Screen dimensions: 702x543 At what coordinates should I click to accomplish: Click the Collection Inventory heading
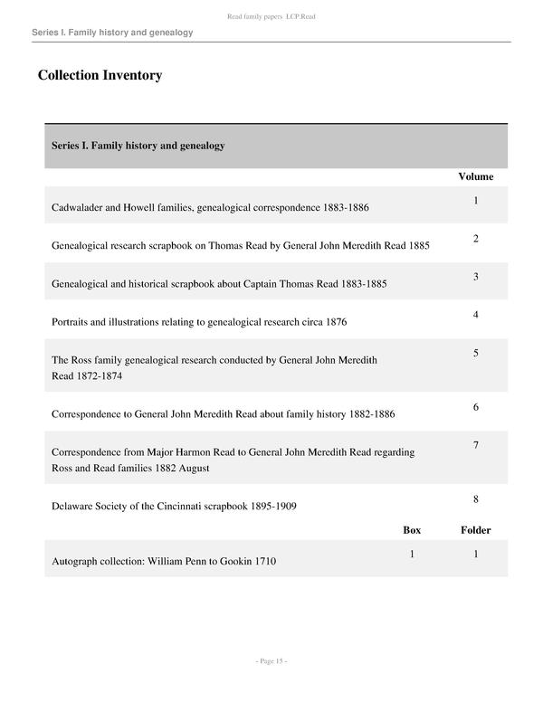pyautogui.click(x=100, y=75)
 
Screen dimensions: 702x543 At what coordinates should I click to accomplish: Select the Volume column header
pyautogui.click(x=475, y=176)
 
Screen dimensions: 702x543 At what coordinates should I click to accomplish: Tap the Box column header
pyautogui.click(x=412, y=530)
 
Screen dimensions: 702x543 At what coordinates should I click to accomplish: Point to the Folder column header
pyautogui.click(x=475, y=530)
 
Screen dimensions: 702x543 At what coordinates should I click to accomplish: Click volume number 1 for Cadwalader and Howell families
pyautogui.click(x=475, y=200)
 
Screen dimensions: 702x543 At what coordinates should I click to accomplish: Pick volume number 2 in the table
pyautogui.click(x=475, y=239)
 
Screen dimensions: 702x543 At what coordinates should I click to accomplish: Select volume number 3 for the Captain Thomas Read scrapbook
pyautogui.click(x=475, y=277)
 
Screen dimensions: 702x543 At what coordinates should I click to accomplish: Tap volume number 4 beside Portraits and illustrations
pyautogui.click(x=475, y=315)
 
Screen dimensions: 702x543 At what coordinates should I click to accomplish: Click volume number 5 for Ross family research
pyautogui.click(x=475, y=353)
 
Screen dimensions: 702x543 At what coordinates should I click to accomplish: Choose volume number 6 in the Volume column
pyautogui.click(x=475, y=407)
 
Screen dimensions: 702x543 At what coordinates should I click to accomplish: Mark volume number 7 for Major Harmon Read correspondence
pyautogui.click(x=475, y=445)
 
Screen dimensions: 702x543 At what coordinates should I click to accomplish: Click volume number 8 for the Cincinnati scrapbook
pyautogui.click(x=475, y=499)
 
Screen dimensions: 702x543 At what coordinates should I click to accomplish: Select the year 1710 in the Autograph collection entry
pyautogui.click(x=264, y=562)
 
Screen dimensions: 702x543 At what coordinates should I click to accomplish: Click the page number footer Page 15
pyautogui.click(x=271, y=661)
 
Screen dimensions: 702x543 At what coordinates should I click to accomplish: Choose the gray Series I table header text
pyautogui.click(x=138, y=146)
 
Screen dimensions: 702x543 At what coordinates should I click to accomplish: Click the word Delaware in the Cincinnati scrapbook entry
pyautogui.click(x=73, y=507)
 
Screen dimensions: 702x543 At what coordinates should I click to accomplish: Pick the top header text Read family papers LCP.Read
pyautogui.click(x=271, y=16)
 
